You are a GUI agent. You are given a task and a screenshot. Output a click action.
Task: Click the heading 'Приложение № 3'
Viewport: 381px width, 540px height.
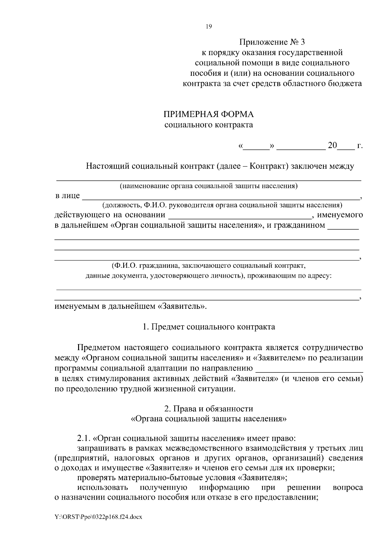272,42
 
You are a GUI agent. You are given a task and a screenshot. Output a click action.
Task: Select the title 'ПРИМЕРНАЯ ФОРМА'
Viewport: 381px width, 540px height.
209,114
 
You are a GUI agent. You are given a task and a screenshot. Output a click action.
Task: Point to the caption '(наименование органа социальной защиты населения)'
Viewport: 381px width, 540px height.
209,186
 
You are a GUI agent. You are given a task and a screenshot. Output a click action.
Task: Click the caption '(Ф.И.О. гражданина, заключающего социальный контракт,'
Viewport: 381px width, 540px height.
209,265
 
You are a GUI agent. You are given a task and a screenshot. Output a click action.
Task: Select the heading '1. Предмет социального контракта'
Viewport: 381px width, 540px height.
209,327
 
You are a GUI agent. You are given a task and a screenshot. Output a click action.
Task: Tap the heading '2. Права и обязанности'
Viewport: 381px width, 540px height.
209,408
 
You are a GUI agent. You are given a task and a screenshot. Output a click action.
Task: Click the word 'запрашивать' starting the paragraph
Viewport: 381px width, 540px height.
100,448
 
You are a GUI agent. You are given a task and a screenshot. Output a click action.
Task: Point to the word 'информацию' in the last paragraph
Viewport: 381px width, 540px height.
224,488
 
